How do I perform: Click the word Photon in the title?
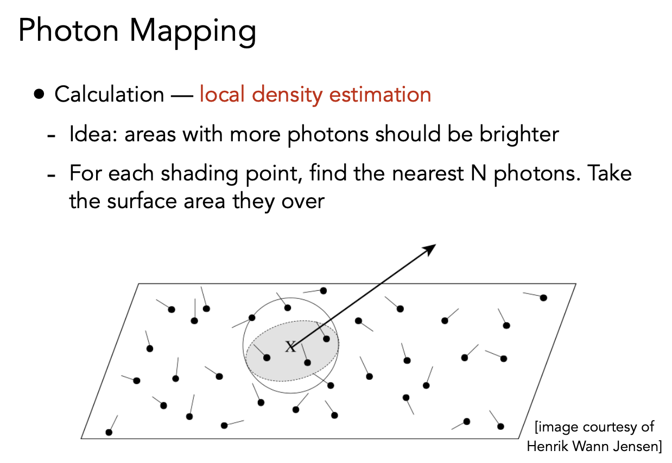coord(68,30)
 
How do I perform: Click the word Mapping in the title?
coord(193,33)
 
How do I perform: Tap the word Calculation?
coord(109,94)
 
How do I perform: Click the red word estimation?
coord(380,94)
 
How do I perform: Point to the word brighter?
coord(519,134)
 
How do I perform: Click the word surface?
coord(142,201)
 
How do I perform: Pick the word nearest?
coord(428,174)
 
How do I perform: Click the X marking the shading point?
coord(290,346)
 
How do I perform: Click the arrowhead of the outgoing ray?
coord(429,249)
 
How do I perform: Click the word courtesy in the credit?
coord(608,427)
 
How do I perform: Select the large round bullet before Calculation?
coord(39,94)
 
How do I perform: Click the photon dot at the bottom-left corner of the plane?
coord(109,433)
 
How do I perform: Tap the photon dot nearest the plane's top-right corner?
coord(543,298)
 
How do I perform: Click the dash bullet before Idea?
coord(52,136)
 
